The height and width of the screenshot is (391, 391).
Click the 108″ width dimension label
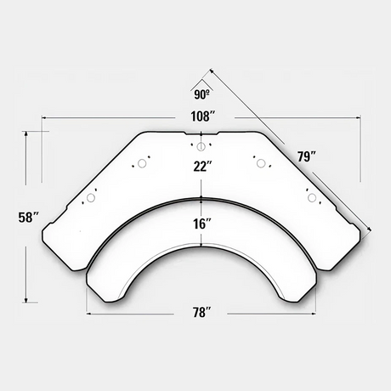tap(203, 116)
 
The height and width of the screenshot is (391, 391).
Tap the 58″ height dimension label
tap(28, 218)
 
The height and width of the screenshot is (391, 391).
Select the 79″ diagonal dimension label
tap(307, 156)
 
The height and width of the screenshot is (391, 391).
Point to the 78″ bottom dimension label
tap(202, 313)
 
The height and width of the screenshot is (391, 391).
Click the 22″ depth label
tap(202, 166)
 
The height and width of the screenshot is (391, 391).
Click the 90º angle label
tap(201, 95)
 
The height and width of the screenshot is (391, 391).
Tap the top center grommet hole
tap(201, 146)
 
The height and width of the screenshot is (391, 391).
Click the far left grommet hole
tap(91, 198)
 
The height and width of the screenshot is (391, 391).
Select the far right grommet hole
tap(312, 198)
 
